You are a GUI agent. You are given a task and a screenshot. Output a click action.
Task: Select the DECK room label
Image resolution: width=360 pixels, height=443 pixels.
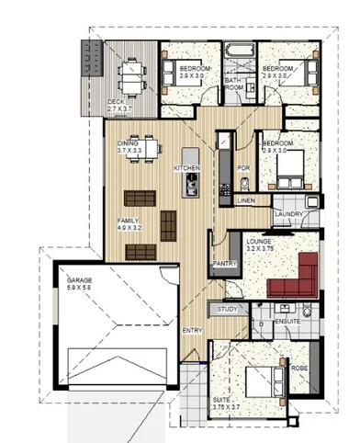tap(116, 101)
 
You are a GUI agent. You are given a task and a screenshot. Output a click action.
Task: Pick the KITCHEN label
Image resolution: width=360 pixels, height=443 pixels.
tap(187, 168)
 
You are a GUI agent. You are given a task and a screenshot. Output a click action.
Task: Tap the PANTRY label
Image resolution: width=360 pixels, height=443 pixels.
tap(225, 263)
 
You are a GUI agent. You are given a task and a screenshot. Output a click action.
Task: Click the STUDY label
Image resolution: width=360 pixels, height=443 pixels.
tap(228, 309)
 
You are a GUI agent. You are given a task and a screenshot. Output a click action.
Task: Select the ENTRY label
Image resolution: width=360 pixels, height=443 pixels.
tap(192, 331)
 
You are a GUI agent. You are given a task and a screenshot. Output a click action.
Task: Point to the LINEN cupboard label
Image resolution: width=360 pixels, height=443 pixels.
tap(245, 199)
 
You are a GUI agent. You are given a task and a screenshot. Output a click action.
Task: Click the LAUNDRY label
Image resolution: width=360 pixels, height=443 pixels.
tap(289, 214)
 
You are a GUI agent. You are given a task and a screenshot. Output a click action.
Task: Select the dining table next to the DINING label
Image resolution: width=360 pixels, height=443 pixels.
tap(143, 153)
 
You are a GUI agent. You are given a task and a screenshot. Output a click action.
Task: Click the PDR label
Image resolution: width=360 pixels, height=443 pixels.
tap(243, 168)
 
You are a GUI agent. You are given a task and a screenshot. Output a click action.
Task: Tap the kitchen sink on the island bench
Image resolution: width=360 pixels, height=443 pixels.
tap(191, 187)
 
